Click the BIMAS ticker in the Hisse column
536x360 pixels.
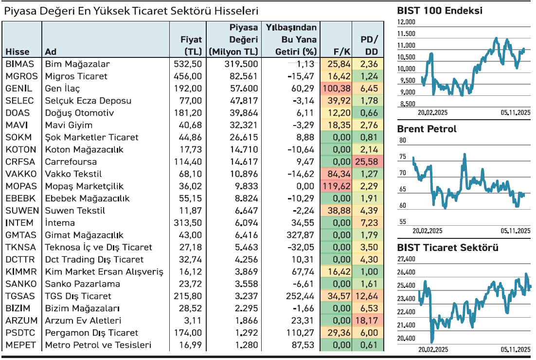[19, 64]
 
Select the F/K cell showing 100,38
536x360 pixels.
[336, 88]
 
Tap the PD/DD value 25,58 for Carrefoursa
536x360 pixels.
[369, 162]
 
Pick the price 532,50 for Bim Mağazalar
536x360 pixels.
[187, 64]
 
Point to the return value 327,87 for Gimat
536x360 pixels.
[302, 235]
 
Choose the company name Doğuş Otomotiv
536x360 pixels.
[79, 113]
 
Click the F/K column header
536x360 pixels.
[341, 52]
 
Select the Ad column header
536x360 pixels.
[50, 52]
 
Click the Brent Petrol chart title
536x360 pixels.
[427, 129]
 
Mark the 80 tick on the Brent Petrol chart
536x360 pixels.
[402, 141]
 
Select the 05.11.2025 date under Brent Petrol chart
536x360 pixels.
[515, 231]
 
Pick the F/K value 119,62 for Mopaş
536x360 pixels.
[336, 186]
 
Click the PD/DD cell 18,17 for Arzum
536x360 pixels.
[369, 321]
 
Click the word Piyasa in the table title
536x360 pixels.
[19, 11]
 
